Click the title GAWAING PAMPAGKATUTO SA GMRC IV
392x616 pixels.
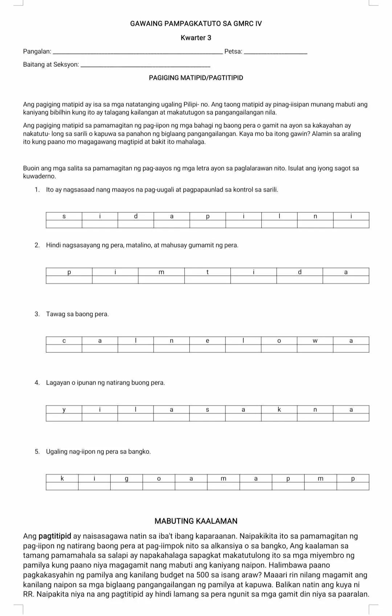(x=196, y=24)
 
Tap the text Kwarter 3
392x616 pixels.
(x=196, y=38)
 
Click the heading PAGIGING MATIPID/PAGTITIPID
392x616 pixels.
(x=196, y=78)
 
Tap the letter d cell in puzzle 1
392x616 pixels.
(x=136, y=216)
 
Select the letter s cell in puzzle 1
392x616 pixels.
(x=64, y=216)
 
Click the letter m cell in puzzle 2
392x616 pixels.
(x=162, y=272)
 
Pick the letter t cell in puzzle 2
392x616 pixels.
(x=208, y=272)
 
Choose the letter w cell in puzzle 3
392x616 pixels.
(x=315, y=341)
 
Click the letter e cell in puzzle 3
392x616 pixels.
(x=208, y=341)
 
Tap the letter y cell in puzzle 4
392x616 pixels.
(x=64, y=410)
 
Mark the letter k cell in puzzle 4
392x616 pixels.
(x=279, y=410)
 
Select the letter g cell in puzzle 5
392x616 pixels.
(x=126, y=479)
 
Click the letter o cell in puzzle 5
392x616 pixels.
(x=159, y=479)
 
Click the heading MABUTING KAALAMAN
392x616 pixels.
(x=196, y=521)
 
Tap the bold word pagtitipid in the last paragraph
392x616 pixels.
(x=55, y=537)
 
